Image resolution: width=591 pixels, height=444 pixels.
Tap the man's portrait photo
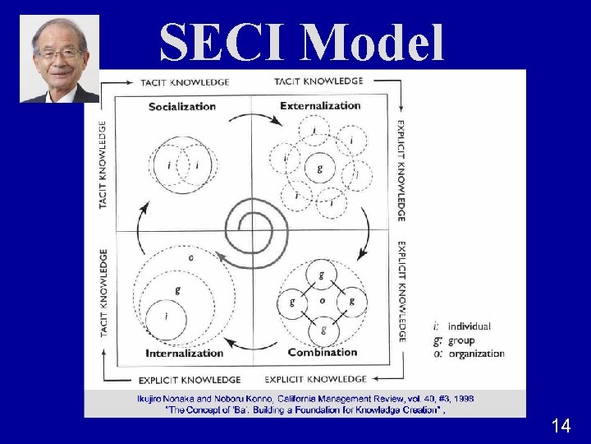pyautogui.click(x=59, y=58)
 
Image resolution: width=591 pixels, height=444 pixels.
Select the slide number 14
pyautogui.click(x=561, y=426)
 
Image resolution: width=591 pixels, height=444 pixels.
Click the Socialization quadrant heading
pyautogui.click(x=182, y=106)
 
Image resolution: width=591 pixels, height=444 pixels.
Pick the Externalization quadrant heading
pyautogui.click(x=320, y=105)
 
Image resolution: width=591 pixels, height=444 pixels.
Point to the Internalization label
pyautogui.click(x=184, y=353)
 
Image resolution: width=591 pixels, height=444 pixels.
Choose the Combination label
pyautogui.click(x=323, y=352)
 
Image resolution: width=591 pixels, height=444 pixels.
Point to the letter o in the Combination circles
pyautogui.click(x=322, y=301)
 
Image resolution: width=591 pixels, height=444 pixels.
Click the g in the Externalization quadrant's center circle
pyautogui.click(x=319, y=169)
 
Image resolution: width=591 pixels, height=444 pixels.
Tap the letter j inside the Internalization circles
pyautogui.click(x=167, y=315)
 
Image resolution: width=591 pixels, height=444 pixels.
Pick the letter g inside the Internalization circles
pyautogui.click(x=177, y=290)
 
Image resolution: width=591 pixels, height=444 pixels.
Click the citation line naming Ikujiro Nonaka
pyautogui.click(x=305, y=399)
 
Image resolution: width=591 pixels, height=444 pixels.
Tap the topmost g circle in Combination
pyautogui.click(x=322, y=274)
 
